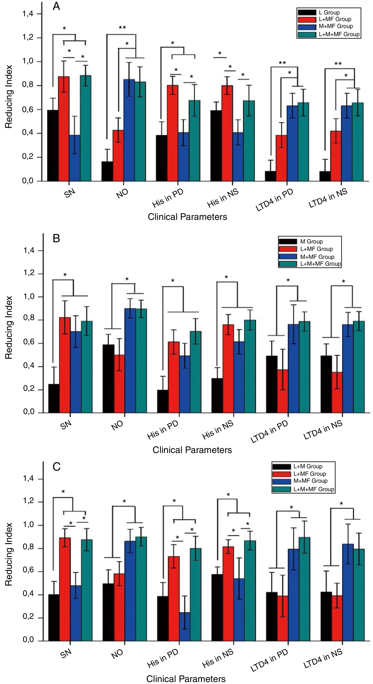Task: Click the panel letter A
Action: point(56,6)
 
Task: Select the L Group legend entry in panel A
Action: point(329,12)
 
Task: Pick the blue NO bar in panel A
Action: point(129,130)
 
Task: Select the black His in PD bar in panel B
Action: point(162,401)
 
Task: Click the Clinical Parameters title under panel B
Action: point(192,450)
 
